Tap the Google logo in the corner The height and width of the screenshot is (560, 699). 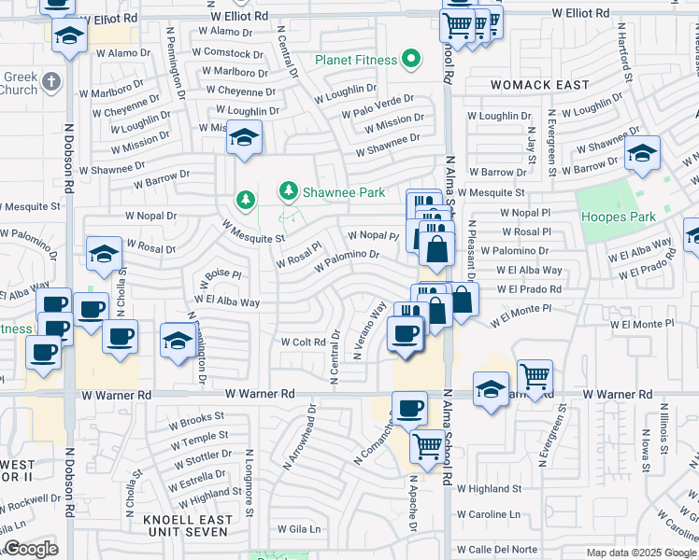[x=30, y=549]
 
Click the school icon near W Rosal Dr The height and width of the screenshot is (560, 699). [x=104, y=253]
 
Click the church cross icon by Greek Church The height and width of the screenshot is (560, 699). [x=51, y=81]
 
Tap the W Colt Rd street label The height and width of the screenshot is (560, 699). [x=303, y=342]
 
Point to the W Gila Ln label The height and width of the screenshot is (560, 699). [x=298, y=529]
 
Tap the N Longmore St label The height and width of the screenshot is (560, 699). [x=249, y=482]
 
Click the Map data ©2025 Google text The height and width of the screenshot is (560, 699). [x=641, y=553]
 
